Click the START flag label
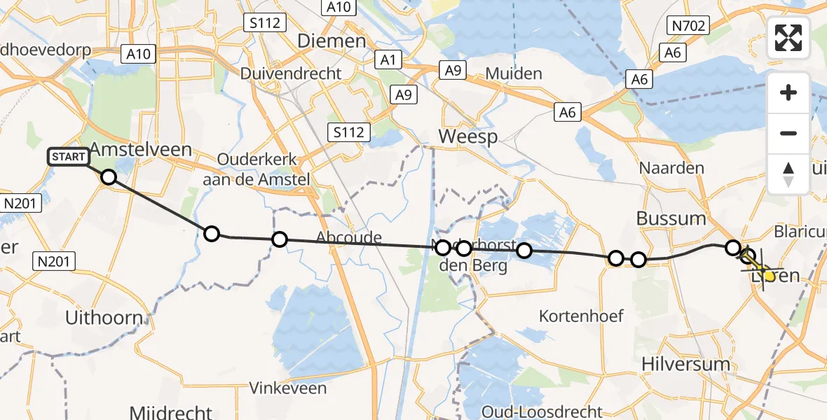(x=69, y=157)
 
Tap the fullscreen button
(x=788, y=38)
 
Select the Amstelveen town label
(x=131, y=150)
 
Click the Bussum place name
(x=671, y=218)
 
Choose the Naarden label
(x=662, y=169)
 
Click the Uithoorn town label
(x=104, y=317)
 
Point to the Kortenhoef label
(x=581, y=316)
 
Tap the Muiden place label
(x=513, y=73)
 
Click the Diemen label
(x=332, y=41)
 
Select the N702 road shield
(x=690, y=27)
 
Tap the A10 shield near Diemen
(x=339, y=7)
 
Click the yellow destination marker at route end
(x=770, y=276)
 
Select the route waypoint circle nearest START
(x=109, y=176)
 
